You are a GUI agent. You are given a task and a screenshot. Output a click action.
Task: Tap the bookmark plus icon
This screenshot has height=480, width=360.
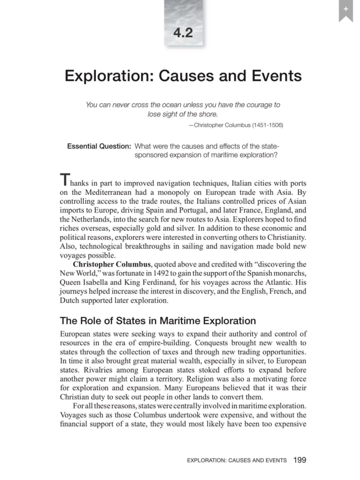click(346, 9)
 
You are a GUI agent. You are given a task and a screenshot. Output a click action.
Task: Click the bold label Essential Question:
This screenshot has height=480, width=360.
click(99, 146)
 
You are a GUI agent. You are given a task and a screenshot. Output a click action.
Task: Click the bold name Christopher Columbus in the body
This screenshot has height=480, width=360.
click(112, 264)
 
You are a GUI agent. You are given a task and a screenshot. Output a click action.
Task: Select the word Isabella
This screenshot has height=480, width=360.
click(95, 282)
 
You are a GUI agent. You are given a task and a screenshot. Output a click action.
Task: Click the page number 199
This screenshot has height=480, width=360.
click(300, 460)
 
